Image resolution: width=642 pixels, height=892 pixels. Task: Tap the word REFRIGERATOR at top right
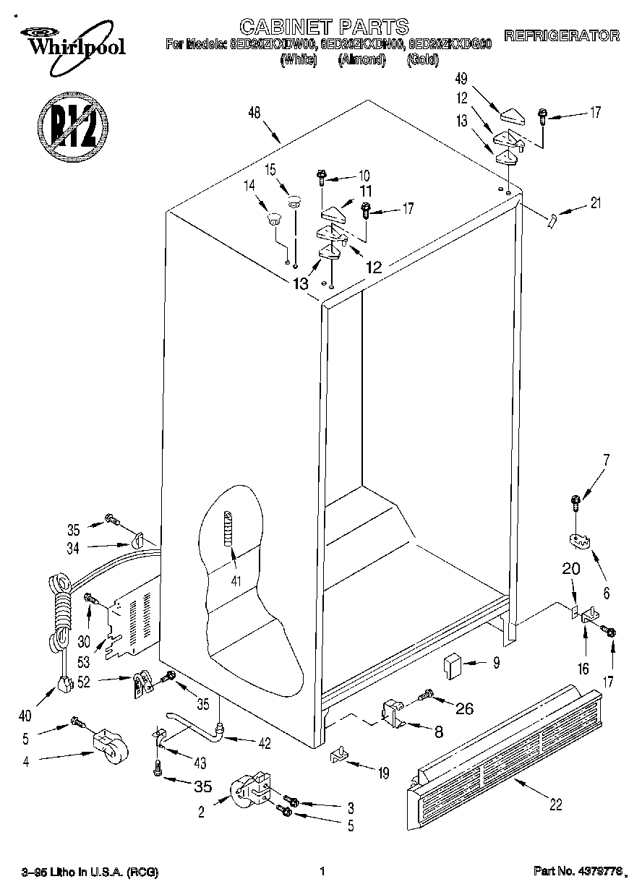click(561, 35)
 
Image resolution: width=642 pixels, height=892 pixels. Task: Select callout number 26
click(463, 709)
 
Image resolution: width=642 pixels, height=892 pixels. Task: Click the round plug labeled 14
click(273, 218)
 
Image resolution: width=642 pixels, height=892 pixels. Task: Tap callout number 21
click(595, 203)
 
